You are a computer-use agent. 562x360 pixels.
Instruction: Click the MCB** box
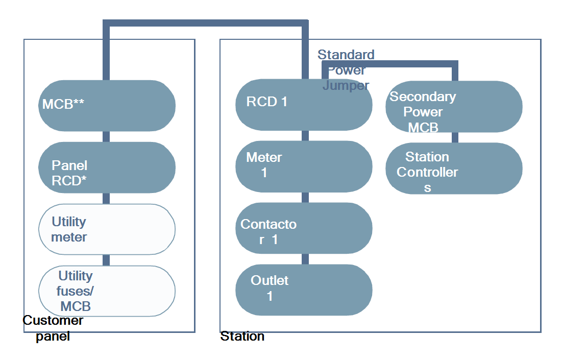[107, 105]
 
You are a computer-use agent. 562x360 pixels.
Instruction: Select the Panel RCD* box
[107, 167]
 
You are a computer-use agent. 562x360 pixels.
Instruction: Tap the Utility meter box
[107, 229]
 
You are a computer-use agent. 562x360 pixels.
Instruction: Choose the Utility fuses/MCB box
[107, 291]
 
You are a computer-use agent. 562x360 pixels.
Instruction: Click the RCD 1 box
[303, 105]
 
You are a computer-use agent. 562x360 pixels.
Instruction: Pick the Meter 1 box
[303, 166]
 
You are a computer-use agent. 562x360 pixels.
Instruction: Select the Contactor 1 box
[303, 228]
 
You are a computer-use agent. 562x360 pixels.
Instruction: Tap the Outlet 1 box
[303, 290]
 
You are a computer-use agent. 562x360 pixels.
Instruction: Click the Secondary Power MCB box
[453, 106]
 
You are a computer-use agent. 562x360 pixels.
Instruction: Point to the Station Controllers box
[453, 168]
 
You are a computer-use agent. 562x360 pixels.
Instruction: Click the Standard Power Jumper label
[346, 70]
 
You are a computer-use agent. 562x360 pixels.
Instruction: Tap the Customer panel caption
[53, 328]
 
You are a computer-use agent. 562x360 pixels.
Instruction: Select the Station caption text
[242, 337]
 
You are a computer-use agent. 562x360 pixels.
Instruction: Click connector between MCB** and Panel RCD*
[106, 136]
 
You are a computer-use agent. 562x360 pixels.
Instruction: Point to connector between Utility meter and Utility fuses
[106, 260]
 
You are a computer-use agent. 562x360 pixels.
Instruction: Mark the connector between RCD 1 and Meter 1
[305, 135]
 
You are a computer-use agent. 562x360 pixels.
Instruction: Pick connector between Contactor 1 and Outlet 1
[305, 259]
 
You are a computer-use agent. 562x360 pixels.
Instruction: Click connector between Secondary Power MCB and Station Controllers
[454, 137]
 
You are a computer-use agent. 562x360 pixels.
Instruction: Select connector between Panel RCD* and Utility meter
[106, 198]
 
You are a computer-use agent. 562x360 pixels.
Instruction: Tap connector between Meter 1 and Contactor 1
[305, 197]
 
